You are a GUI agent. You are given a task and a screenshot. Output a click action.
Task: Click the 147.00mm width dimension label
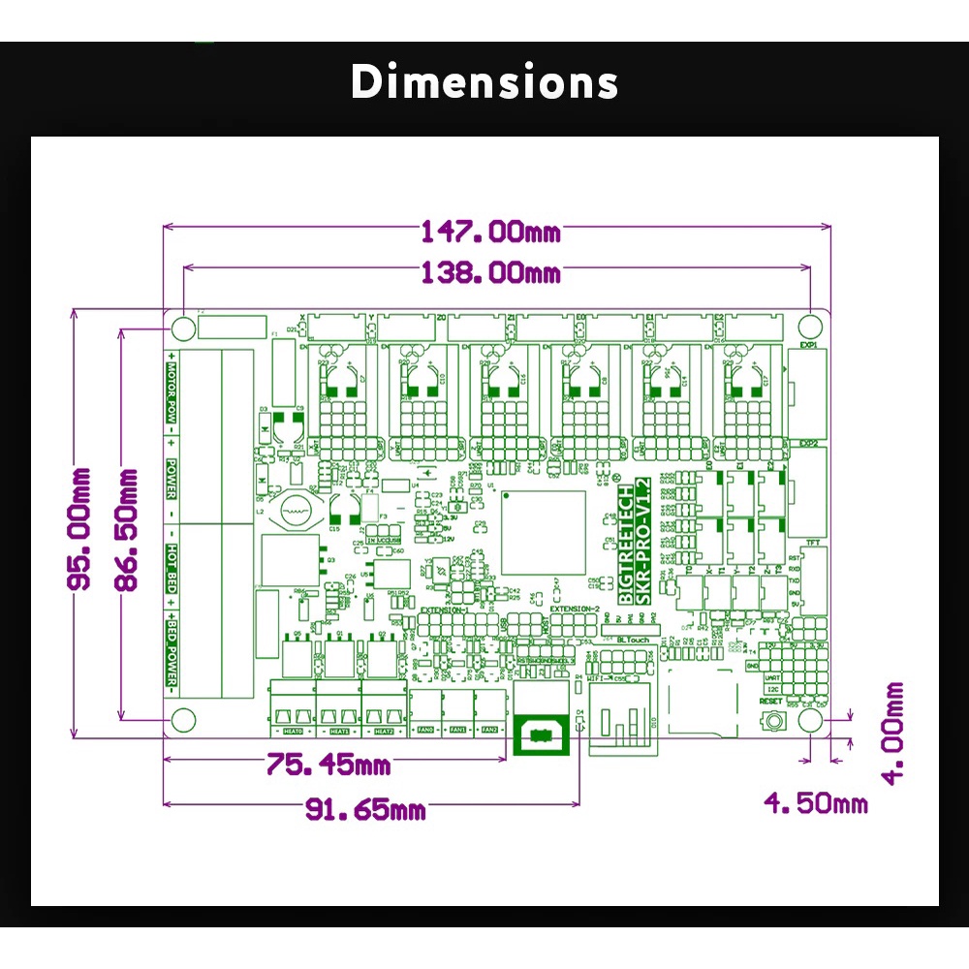click(x=489, y=232)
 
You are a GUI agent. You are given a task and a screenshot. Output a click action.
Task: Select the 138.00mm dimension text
click(x=489, y=272)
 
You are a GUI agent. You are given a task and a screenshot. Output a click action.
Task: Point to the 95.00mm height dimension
click(x=78, y=528)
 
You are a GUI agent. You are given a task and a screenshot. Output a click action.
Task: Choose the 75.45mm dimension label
click(x=328, y=765)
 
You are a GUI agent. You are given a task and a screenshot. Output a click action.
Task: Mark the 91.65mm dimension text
click(x=365, y=808)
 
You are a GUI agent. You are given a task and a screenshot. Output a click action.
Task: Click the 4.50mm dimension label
click(x=815, y=802)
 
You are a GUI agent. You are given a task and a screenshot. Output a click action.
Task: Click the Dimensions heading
click(x=484, y=82)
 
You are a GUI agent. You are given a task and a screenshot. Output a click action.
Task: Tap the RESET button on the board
click(x=772, y=721)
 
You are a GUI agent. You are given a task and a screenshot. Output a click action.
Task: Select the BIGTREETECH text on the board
click(x=627, y=543)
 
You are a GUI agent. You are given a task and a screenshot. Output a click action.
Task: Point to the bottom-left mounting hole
click(x=181, y=720)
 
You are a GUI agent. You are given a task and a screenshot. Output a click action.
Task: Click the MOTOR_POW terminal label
click(x=172, y=393)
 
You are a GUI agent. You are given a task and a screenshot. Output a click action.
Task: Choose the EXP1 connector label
click(x=808, y=345)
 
